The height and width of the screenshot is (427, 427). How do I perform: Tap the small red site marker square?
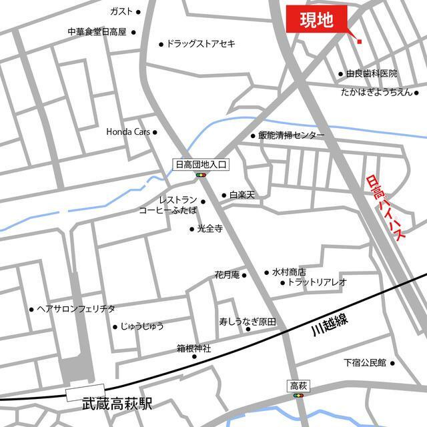pyautogui.click(x=359, y=41)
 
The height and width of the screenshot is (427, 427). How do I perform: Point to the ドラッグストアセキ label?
pyautogui.click(x=201, y=44)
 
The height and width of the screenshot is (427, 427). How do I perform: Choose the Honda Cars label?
pyautogui.click(x=128, y=132)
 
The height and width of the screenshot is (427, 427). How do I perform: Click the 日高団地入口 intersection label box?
pyautogui.click(x=201, y=163)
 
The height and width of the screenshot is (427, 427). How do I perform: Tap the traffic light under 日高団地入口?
pyautogui.click(x=201, y=175)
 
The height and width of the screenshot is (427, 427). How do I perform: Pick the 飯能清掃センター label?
pyautogui.click(x=292, y=135)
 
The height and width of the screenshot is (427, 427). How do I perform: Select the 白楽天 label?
pyautogui.click(x=242, y=195)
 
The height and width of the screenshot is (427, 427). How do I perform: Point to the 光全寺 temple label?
pyautogui.click(x=209, y=228)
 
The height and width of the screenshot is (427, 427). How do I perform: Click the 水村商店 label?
pyautogui.click(x=288, y=272)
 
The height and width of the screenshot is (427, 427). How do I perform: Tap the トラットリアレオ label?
pyautogui.click(x=317, y=282)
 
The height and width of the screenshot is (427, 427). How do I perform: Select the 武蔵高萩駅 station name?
pyautogui.click(x=117, y=404)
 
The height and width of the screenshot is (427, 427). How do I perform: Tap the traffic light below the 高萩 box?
pyautogui.click(x=297, y=396)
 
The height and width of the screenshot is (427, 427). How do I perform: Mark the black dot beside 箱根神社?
pyautogui.click(x=194, y=356)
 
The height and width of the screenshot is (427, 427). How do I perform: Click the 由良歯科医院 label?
pyautogui.click(x=372, y=73)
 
